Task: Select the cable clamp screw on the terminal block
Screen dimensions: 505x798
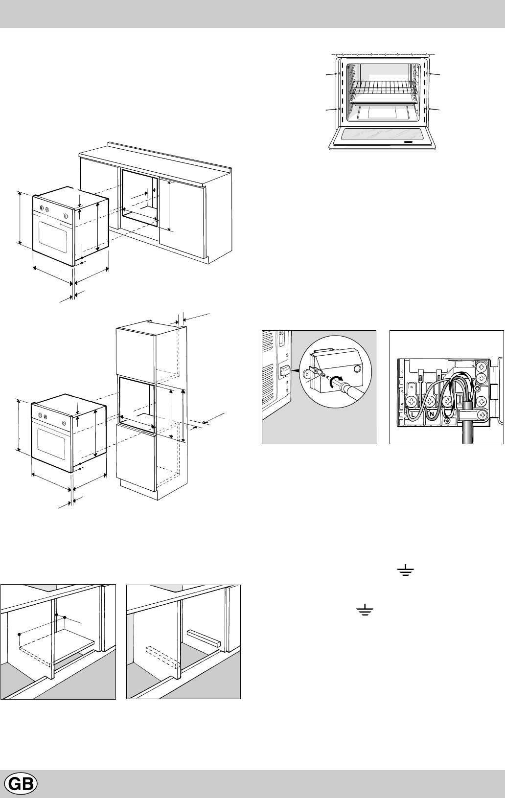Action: tap(483, 416)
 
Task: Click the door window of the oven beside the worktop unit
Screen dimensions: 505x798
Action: tap(53, 235)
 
